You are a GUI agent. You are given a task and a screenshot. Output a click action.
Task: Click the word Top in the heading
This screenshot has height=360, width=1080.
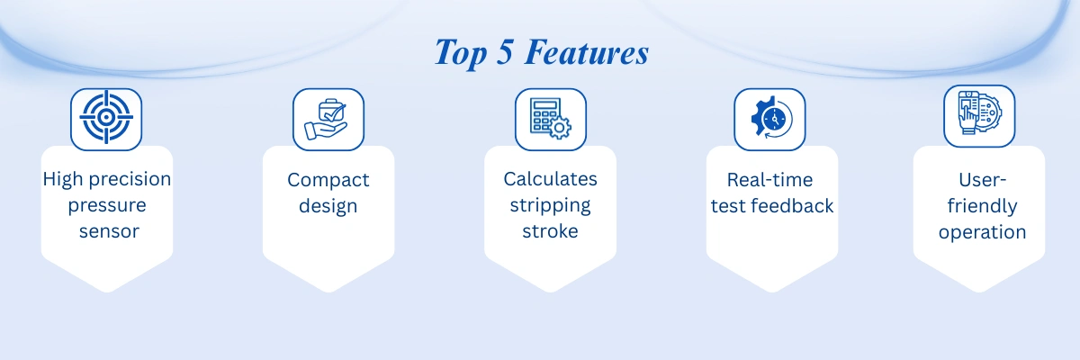point(461,53)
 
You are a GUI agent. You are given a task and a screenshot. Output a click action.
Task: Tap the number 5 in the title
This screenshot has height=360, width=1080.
point(504,51)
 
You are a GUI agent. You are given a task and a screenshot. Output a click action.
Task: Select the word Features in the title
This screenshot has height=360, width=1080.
point(587,51)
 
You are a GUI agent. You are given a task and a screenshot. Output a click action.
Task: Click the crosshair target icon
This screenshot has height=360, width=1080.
point(106,117)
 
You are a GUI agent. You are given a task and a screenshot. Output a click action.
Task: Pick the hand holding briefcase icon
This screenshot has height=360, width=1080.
point(327,119)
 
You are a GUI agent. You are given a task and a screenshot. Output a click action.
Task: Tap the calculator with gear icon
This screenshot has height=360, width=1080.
point(551,119)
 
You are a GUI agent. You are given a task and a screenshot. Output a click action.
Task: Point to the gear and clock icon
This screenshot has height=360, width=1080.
point(771,118)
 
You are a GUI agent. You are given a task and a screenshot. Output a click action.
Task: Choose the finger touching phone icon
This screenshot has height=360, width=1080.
point(979,112)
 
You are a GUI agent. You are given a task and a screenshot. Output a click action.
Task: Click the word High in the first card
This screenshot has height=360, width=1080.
point(63,179)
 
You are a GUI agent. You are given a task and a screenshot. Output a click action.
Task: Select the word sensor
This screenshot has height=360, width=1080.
point(110,231)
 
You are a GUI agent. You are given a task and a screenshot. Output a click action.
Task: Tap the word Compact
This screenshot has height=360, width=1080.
point(328,181)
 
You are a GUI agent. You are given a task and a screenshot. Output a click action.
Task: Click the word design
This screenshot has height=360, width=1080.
point(328,206)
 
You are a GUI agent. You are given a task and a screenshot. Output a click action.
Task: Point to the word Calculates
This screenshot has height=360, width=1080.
point(550,179)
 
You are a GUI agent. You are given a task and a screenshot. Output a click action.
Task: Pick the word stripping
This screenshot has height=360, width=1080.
point(550,206)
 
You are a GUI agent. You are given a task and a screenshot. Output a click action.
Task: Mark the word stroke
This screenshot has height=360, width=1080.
point(550,231)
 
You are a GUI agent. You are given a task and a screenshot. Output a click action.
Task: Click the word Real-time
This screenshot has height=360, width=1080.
point(769,180)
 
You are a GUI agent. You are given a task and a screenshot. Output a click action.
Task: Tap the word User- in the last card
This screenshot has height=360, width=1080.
point(982,180)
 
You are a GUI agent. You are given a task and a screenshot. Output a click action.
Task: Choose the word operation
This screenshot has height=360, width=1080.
point(982,233)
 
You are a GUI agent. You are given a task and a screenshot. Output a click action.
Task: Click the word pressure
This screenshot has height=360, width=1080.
point(107,206)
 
